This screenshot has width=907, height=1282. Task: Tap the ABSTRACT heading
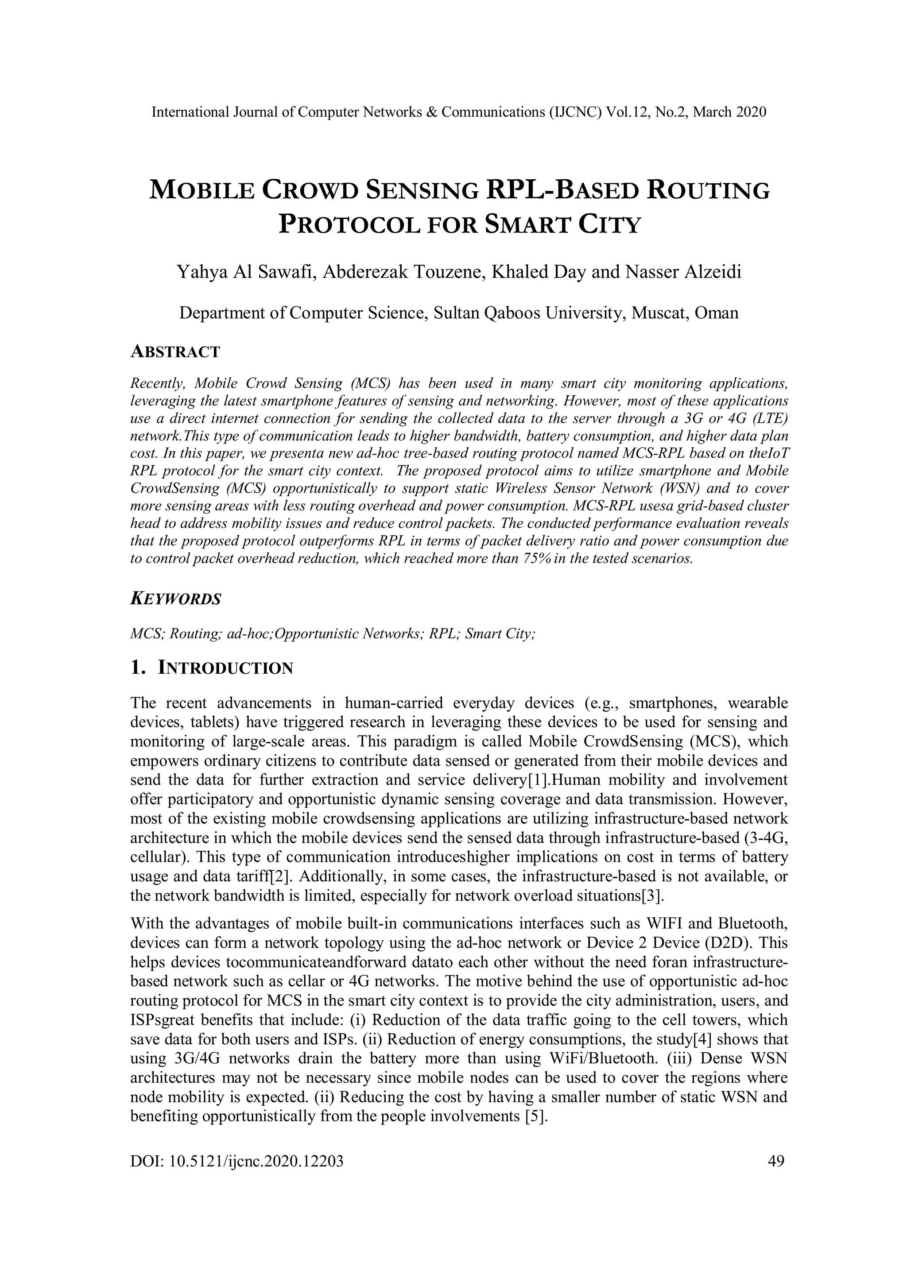click(175, 352)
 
